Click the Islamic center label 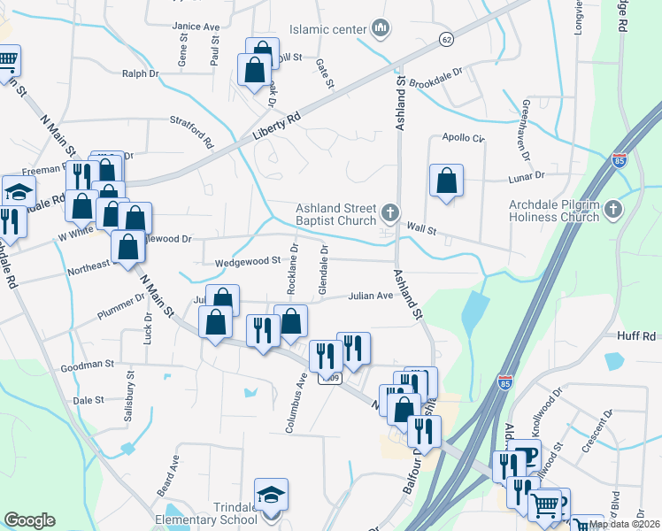pos(327,29)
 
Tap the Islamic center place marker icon pos(381,29)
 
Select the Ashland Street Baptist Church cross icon pos(389,212)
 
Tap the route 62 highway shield pos(446,40)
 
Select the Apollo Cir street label pos(465,139)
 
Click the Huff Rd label pos(636,336)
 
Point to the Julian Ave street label pos(369,296)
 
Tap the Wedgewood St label pos(250,261)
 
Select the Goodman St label pos(87,364)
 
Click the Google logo pos(29,520)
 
